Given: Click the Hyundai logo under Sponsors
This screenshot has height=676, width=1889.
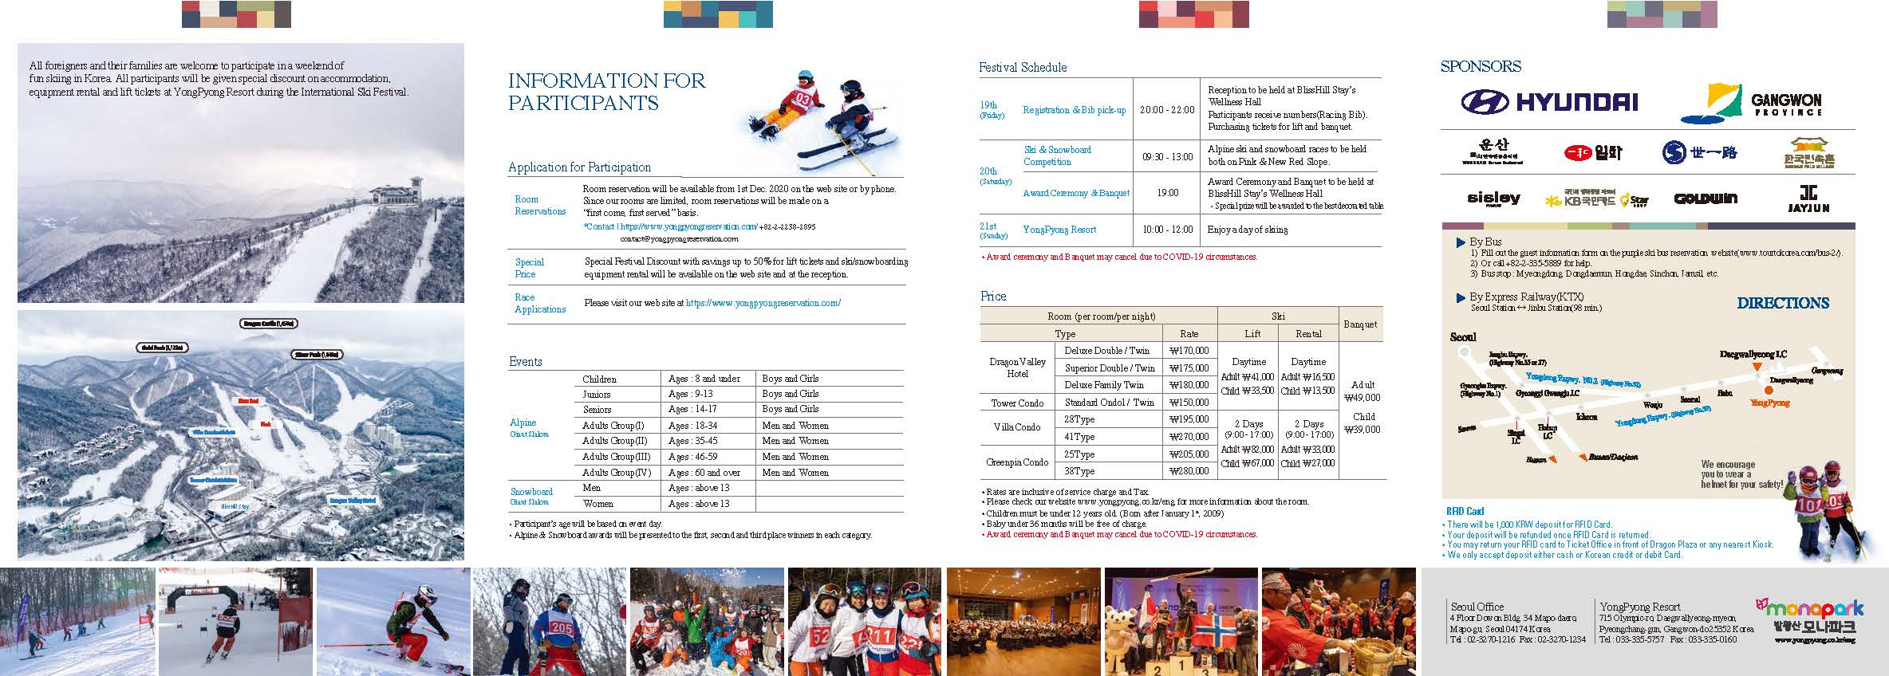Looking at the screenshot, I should click(1548, 102).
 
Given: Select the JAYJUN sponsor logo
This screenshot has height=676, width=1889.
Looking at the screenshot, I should click(1808, 198).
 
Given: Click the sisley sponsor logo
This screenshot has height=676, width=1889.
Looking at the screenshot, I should click(1493, 198).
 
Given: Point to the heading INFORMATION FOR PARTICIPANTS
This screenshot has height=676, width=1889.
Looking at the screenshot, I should click(607, 92).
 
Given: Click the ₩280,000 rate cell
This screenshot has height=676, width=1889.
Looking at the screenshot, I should click(1189, 471).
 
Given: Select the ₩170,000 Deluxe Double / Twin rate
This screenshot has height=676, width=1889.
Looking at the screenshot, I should click(1189, 351).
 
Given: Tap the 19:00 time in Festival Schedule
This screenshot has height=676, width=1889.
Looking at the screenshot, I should click(1167, 193).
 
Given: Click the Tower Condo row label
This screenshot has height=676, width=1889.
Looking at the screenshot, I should click(1017, 403).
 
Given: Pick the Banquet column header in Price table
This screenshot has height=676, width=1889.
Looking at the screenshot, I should click(1360, 324).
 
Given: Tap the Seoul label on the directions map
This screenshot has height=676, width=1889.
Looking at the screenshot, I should click(1463, 337).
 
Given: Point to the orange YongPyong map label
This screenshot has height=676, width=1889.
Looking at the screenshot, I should click(1769, 403).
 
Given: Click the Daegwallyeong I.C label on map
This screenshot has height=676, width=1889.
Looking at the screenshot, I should click(1753, 354).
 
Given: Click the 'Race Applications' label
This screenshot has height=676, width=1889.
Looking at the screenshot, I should click(540, 304).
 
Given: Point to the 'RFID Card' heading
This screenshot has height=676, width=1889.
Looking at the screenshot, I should click(1465, 512).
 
